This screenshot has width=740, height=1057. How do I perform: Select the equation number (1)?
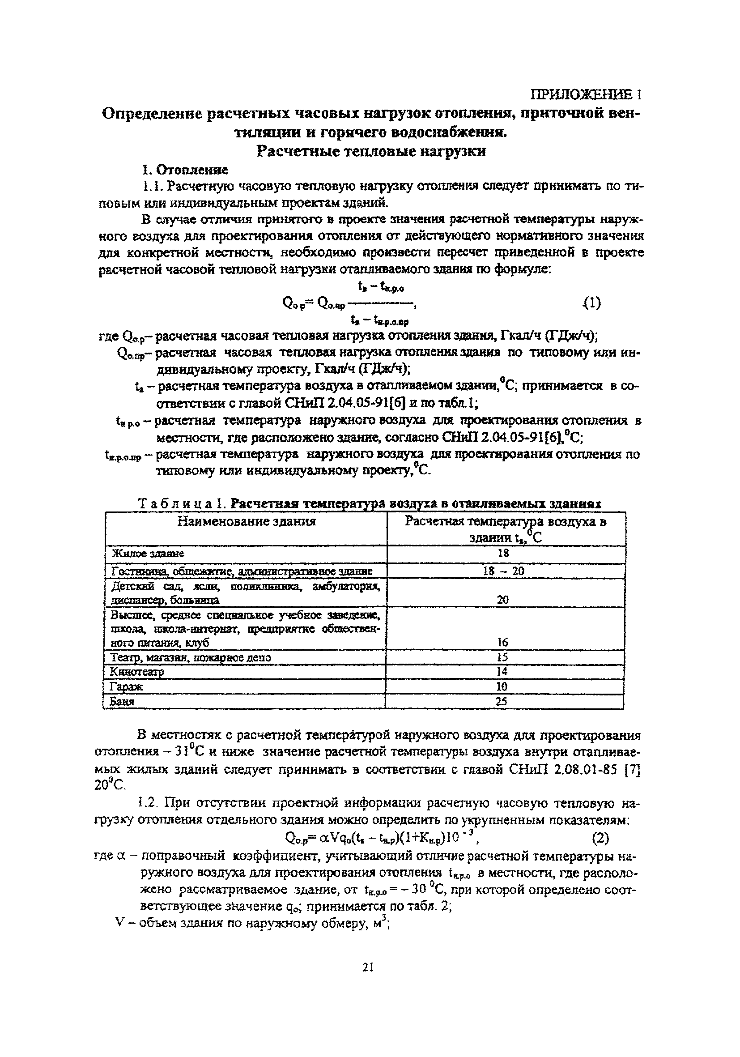click(x=591, y=303)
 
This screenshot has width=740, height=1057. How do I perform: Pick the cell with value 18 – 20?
click(x=504, y=571)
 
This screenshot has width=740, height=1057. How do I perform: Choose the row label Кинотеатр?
click(x=137, y=672)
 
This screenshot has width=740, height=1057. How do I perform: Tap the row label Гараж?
click(x=127, y=686)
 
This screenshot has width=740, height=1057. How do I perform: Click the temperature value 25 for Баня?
click(x=502, y=701)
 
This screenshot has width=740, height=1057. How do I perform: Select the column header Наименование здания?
click(x=247, y=521)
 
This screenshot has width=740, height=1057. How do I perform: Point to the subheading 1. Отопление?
click(x=184, y=170)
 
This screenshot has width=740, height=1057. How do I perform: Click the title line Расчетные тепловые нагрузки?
click(x=370, y=151)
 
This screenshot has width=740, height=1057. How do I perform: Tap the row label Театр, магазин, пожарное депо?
click(x=191, y=657)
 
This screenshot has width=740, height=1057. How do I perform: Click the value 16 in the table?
click(x=502, y=642)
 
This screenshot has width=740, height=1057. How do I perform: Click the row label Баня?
click(x=122, y=702)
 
